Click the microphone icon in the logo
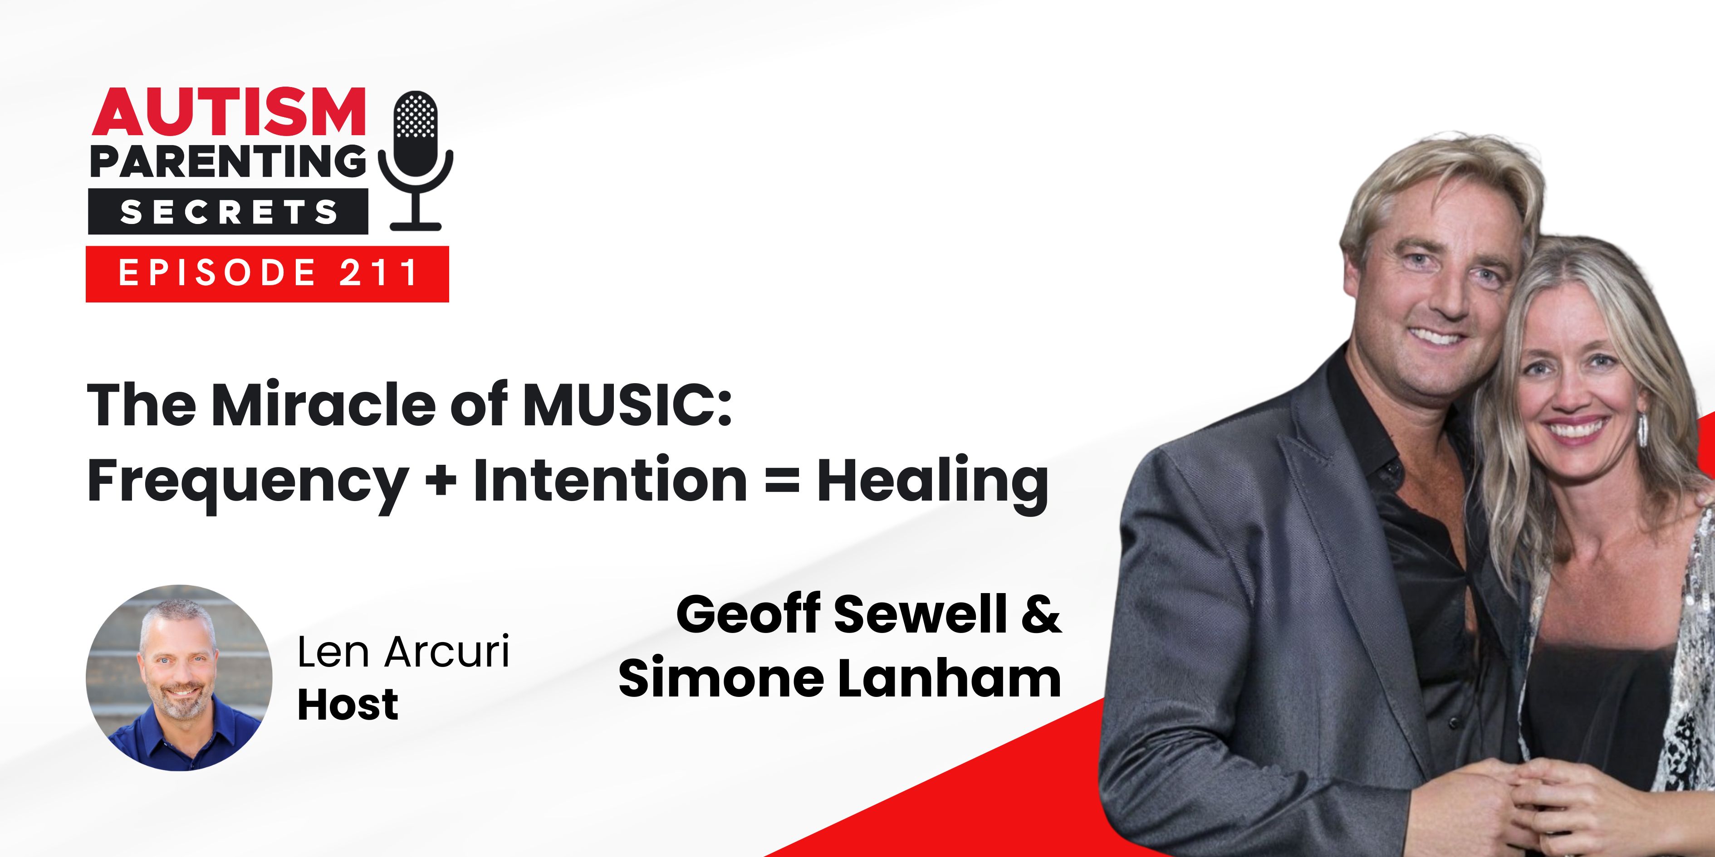tap(416, 160)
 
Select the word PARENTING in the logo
tap(228, 162)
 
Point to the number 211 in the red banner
tap(378, 273)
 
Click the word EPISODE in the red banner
tap(217, 273)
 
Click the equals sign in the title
tap(782, 480)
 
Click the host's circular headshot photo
tap(179, 678)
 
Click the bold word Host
tap(348, 705)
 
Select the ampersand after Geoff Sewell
tap(1041, 614)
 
